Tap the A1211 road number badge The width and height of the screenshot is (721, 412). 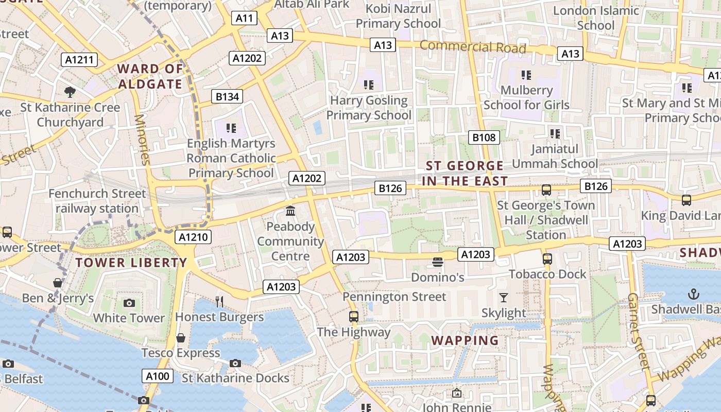coord(80,60)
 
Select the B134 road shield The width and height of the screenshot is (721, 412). coord(227,96)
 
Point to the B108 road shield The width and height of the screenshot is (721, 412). coord(484,138)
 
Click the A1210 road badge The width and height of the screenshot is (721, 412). coord(193,237)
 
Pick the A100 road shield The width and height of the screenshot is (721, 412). coord(158,376)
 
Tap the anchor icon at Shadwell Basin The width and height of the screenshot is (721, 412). coord(694,294)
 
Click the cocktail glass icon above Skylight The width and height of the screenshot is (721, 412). coord(503,298)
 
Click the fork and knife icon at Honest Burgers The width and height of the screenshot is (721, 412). coord(220,302)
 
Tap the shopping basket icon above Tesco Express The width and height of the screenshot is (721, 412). coord(181,338)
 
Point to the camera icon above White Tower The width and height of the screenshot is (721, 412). coord(129,303)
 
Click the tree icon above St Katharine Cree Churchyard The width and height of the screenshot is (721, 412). coord(70,92)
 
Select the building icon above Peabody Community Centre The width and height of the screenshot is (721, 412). coord(290,211)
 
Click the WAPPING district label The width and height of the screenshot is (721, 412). coord(465,340)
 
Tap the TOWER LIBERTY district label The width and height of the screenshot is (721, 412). coord(131,263)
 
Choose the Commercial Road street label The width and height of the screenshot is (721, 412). coord(473,47)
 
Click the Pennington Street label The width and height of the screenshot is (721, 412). coord(394,297)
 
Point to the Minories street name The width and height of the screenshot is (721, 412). coord(142,140)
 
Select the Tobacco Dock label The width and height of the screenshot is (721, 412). coord(547,274)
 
